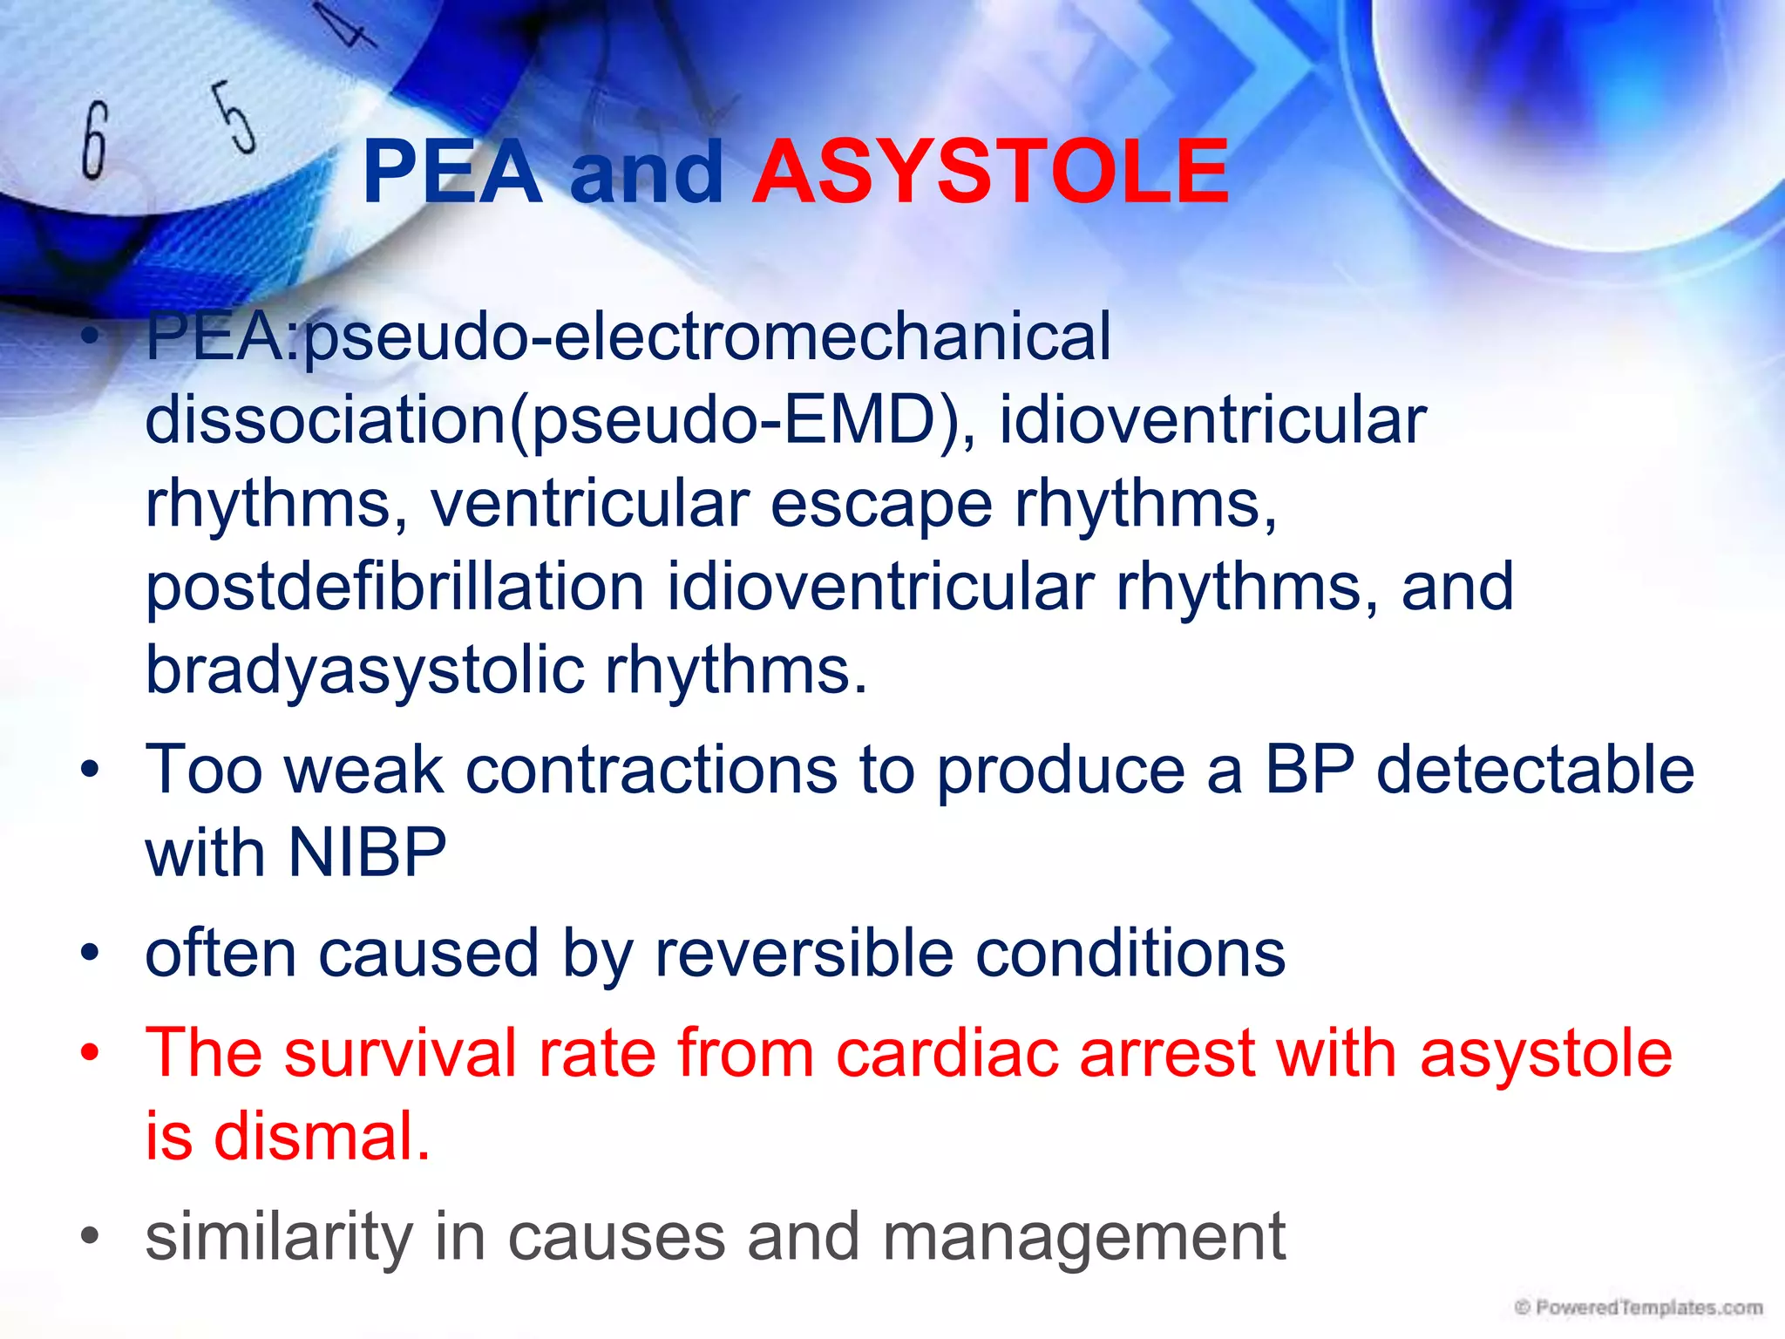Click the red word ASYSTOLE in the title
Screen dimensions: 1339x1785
990,173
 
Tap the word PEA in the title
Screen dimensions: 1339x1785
452,173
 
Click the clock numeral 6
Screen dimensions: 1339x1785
95,140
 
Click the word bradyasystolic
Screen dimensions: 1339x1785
364,670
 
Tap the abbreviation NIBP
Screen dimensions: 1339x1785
367,852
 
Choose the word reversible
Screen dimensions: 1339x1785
804,953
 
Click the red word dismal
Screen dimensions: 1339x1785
322,1137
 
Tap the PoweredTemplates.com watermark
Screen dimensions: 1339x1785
1639,1308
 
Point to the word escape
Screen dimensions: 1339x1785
881,504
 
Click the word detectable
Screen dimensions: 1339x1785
1535,770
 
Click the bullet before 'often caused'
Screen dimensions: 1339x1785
90,954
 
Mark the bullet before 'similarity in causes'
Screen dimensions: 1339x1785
90,1237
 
